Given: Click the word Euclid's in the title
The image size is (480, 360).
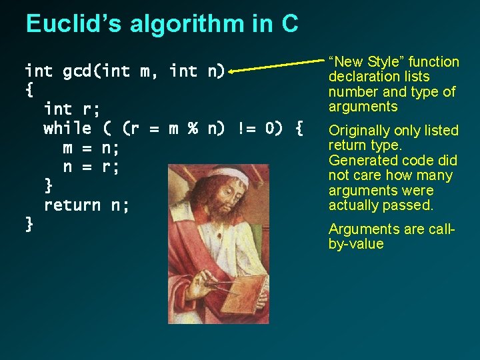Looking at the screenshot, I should (x=73, y=24).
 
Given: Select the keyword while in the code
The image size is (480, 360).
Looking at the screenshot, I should (x=67, y=127).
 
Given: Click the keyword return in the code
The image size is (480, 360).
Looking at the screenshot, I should (x=72, y=205).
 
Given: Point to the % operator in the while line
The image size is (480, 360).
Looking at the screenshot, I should (x=193, y=127).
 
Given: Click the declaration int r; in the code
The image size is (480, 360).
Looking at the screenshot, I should (x=72, y=108).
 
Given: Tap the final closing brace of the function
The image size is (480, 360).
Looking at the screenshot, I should (x=29, y=224).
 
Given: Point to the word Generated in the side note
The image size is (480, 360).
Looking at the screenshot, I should (x=360, y=161).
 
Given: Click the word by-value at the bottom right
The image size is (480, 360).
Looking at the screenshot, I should (x=356, y=244).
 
